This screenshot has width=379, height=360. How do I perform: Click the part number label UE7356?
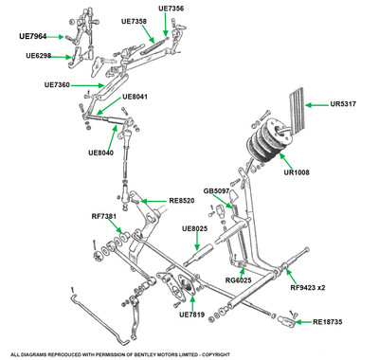click(x=171, y=9)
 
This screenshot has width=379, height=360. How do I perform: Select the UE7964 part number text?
click(x=32, y=36)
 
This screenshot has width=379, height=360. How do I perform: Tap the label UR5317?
click(x=343, y=104)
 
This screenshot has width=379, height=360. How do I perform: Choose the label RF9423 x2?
click(x=308, y=288)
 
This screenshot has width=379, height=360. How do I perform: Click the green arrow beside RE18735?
click(x=303, y=322)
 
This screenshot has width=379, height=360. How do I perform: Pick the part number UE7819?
click(x=192, y=315)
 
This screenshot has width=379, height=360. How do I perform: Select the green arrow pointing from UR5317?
click(x=316, y=104)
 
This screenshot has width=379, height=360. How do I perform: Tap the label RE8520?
click(x=182, y=201)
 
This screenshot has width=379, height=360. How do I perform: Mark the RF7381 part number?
click(x=104, y=216)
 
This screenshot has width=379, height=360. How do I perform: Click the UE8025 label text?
click(x=195, y=228)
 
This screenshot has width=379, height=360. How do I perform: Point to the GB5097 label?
click(x=216, y=191)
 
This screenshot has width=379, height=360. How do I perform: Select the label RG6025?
click(x=239, y=280)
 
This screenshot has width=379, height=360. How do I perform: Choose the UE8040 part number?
click(x=101, y=153)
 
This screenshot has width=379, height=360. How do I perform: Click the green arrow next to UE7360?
click(x=87, y=85)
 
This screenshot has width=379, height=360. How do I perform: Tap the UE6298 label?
click(x=39, y=56)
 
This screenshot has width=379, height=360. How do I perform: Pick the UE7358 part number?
click(x=134, y=21)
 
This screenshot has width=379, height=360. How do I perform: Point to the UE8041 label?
click(x=135, y=97)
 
